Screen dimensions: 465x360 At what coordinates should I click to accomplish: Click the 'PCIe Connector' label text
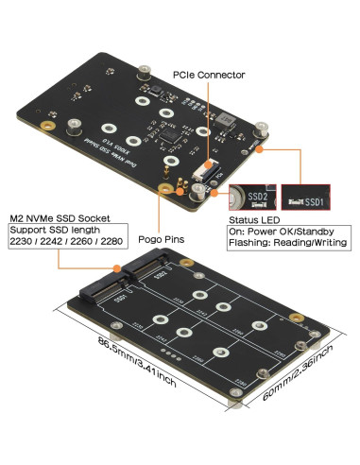(208, 73)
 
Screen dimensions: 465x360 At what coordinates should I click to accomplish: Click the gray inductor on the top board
(228, 120)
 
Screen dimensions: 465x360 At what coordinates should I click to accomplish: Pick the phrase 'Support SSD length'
(55, 230)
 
